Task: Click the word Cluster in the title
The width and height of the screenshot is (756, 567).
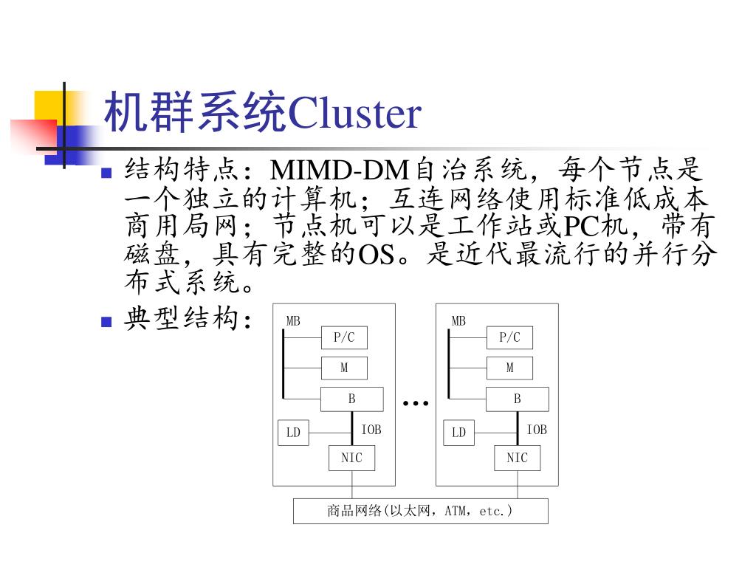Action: [354, 114]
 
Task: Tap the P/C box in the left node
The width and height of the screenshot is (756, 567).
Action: [344, 338]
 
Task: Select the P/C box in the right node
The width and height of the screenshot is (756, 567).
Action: [509, 338]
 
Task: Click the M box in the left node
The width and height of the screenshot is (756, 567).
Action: [344, 368]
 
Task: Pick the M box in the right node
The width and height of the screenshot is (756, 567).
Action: [509, 368]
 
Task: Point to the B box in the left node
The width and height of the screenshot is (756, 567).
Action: [351, 399]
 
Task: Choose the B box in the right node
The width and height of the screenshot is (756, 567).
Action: [517, 399]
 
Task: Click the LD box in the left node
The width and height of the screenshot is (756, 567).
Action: [293, 433]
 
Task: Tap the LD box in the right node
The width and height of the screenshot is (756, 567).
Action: [458, 433]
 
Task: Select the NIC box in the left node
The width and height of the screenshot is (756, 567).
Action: [351, 458]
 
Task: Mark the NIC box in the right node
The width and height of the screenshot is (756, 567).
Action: [517, 458]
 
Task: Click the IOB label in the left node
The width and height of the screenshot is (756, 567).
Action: [371, 430]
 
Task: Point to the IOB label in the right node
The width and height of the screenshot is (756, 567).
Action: [537, 430]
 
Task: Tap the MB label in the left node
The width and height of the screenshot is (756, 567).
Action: [293, 321]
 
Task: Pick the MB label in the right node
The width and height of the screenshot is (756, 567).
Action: [458, 321]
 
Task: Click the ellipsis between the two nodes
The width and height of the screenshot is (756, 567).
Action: [416, 403]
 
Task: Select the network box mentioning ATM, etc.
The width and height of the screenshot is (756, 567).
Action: [420, 511]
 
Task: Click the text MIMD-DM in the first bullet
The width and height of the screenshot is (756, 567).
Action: [340, 171]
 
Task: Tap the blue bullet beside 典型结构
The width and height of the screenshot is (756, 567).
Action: [106, 322]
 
